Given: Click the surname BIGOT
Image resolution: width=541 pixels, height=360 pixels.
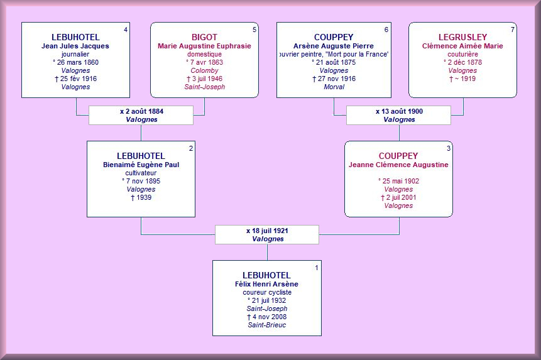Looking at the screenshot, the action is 204,37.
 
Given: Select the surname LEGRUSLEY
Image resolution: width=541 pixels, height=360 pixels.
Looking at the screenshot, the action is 462,37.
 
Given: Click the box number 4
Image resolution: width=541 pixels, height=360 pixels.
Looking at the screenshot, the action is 126,30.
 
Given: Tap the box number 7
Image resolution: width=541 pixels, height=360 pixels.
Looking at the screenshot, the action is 512,30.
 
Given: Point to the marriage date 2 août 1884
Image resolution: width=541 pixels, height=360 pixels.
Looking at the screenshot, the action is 144,111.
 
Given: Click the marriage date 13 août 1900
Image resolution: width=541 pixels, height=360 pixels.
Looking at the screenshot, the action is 402,111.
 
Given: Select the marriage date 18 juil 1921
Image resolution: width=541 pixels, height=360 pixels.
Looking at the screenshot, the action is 270,231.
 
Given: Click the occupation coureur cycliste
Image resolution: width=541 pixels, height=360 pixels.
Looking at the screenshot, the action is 267,292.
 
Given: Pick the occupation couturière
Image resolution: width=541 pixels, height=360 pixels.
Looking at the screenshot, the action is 462,54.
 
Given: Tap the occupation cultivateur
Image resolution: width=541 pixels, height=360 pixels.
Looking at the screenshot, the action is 141,173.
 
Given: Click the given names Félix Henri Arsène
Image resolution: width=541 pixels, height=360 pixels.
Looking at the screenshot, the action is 266,284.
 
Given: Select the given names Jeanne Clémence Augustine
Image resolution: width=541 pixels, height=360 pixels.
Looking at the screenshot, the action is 398,165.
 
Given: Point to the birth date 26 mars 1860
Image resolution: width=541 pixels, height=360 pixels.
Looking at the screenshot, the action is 78,62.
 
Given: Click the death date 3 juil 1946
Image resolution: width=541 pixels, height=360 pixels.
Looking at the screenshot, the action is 207,79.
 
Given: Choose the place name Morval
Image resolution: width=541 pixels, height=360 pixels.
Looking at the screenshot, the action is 334,87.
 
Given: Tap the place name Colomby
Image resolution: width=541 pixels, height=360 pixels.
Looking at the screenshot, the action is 204,71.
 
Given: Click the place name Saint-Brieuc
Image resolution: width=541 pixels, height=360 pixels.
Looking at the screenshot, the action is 266,325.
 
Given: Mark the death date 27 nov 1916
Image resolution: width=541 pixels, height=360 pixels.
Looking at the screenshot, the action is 336,79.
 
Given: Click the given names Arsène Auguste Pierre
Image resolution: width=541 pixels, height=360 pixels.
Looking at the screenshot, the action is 334,46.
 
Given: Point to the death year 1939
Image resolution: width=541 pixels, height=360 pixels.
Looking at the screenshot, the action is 144,197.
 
